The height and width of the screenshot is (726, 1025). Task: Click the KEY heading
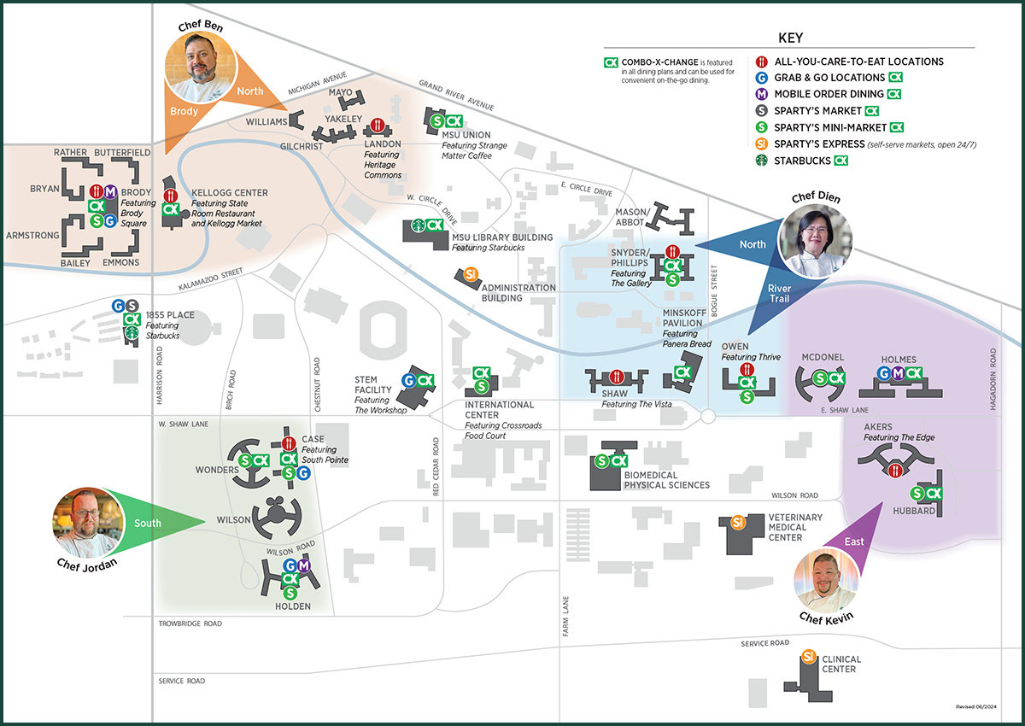pos(790,38)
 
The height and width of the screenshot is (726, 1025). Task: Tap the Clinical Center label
pos(841,664)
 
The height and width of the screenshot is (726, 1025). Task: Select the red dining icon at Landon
pos(377,126)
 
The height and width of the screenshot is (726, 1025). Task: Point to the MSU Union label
pos(466,135)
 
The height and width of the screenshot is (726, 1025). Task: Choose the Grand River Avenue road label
pos(456,95)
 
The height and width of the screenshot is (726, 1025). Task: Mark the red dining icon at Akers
pos(895,469)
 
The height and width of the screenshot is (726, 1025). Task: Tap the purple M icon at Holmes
pos(899,373)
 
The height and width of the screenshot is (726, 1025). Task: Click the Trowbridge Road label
pos(190,624)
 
